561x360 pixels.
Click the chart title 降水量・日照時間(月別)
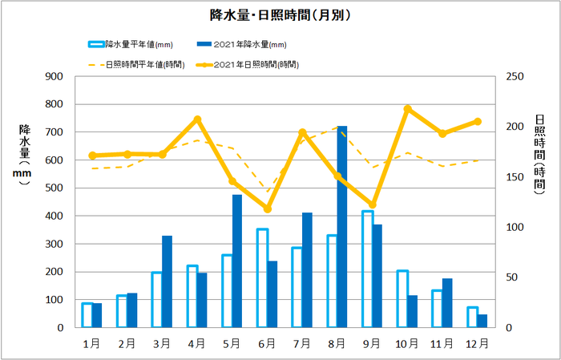[280, 14]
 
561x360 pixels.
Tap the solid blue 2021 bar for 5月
[237, 261]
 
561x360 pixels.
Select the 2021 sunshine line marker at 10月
[407, 109]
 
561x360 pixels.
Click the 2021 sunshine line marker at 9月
[373, 205]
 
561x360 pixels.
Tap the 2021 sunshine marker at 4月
[197, 119]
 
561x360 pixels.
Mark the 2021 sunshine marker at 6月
[268, 209]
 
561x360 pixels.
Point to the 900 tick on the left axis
[54, 77]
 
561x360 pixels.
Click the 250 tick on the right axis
[514, 77]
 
